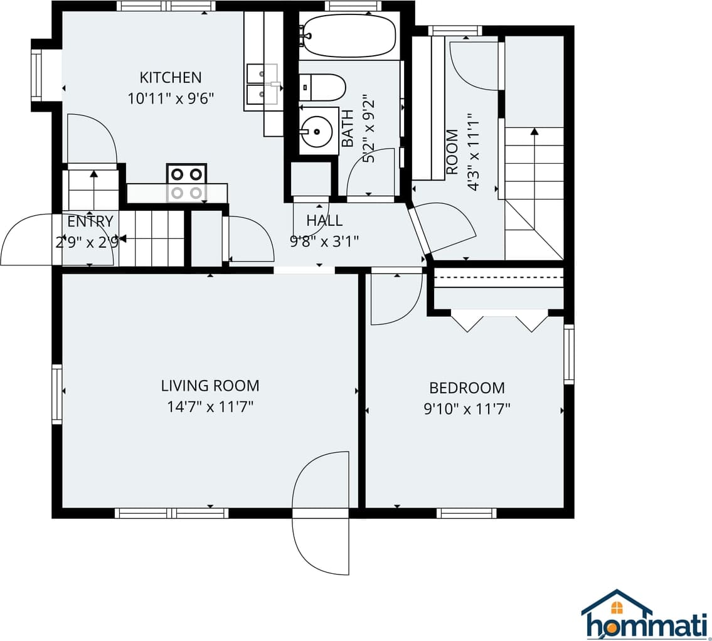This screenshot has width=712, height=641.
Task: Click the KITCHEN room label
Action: [170, 78]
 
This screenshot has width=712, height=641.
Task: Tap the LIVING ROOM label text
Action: [210, 386]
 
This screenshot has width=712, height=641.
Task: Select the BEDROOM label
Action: [467, 388]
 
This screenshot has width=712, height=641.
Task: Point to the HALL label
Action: [324, 221]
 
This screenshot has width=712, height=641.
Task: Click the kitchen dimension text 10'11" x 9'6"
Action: [170, 98]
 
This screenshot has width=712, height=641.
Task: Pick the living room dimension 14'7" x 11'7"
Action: [210, 407]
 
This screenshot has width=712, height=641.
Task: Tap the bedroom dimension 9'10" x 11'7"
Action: [467, 409]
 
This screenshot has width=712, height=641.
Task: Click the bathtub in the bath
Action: [348, 36]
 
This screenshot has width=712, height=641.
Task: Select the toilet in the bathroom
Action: [322, 88]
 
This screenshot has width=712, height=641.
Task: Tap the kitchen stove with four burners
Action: [187, 183]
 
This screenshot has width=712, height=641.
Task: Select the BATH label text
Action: [348, 129]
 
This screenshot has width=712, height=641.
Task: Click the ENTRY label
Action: [90, 221]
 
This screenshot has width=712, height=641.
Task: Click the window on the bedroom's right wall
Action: [569, 354]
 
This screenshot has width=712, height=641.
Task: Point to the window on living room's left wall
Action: [56, 394]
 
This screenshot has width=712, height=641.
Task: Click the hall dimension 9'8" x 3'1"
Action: [324, 241]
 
